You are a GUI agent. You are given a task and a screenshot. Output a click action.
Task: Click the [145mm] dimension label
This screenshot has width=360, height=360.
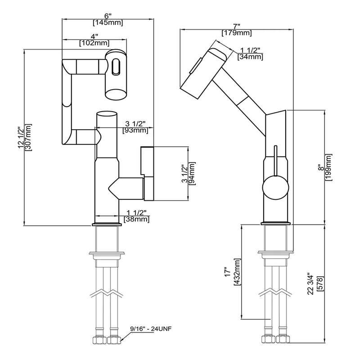coord(108,22)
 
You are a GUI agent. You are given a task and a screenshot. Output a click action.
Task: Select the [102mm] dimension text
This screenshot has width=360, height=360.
coord(94,43)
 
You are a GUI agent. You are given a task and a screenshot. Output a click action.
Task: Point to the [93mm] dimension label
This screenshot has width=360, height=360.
coord(135,130)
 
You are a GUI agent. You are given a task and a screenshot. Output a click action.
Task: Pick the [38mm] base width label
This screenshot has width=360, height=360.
coord(138,219)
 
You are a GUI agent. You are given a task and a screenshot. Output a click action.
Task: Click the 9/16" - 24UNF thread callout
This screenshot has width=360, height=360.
coord(148,328)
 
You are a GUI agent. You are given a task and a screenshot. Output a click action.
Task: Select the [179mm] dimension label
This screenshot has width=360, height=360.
coord(237,33)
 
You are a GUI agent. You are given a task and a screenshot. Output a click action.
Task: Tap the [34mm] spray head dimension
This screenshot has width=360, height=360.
coord(250,57)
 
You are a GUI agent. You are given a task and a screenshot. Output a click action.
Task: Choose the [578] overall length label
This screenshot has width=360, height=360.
coord(319,283)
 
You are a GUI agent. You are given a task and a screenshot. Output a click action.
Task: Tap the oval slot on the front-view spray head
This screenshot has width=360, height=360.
coord(116,68)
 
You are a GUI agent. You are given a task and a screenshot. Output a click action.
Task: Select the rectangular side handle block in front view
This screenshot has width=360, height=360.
coord(148,173)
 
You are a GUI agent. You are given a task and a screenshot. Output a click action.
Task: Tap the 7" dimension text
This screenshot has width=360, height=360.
coord(237,26)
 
